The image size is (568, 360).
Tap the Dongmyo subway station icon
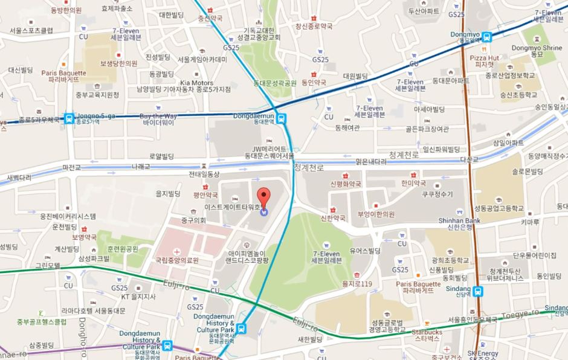[486, 36]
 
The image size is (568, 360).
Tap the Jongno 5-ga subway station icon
[70, 117]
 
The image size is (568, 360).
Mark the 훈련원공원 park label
[123, 248]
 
